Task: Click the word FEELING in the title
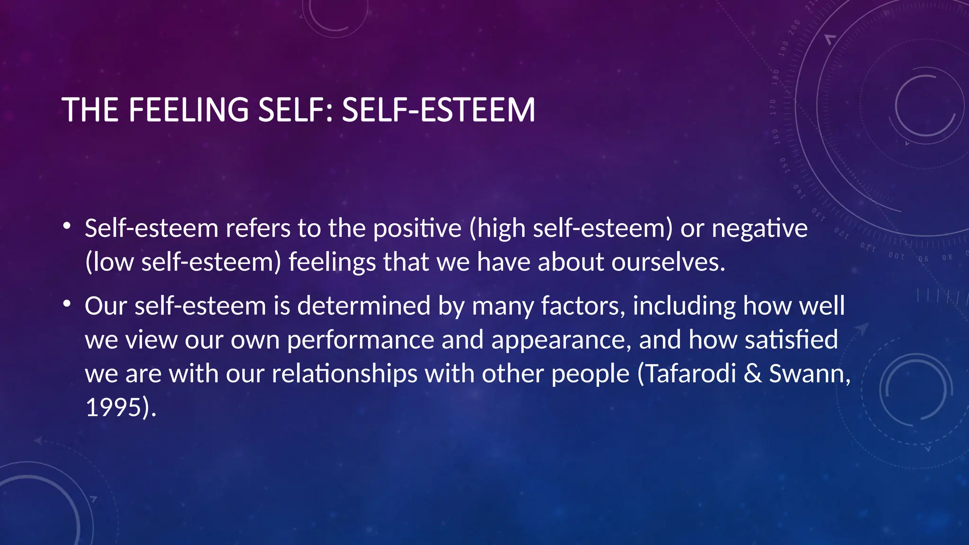point(188,110)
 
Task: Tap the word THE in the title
point(90,110)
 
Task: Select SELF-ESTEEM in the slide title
point(438,110)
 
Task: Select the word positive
point(417,229)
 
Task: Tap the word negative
point(759,229)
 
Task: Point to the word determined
point(364,306)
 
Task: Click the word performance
point(361,340)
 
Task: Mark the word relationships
point(345,374)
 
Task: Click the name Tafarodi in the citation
point(690,374)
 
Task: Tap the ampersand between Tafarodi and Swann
point(752,374)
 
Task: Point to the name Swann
point(806,374)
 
